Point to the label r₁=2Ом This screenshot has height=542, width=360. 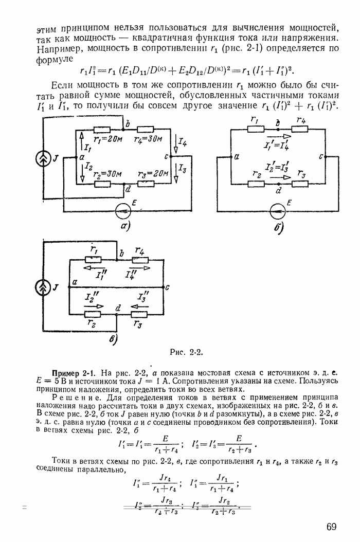106,139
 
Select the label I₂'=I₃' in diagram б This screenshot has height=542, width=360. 277,167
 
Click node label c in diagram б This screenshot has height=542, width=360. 321,155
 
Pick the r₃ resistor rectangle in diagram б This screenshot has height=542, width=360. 300,183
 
